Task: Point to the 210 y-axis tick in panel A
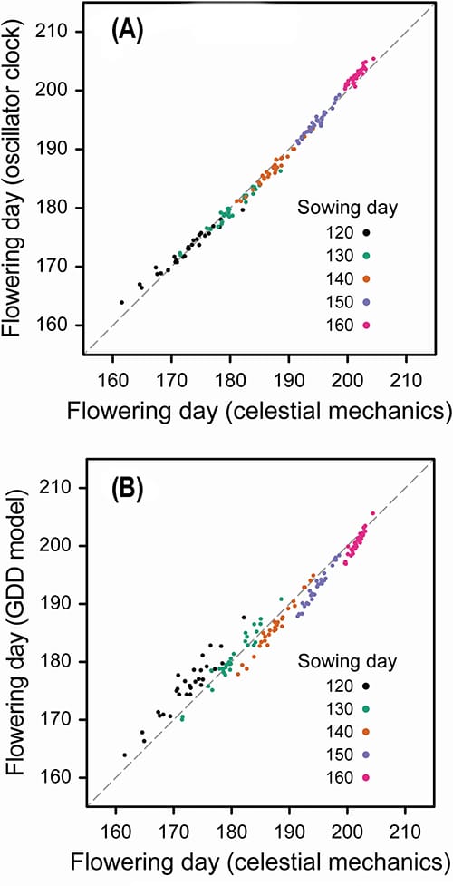click(63, 32)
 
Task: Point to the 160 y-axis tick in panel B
click(63, 777)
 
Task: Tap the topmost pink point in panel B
click(372, 513)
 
